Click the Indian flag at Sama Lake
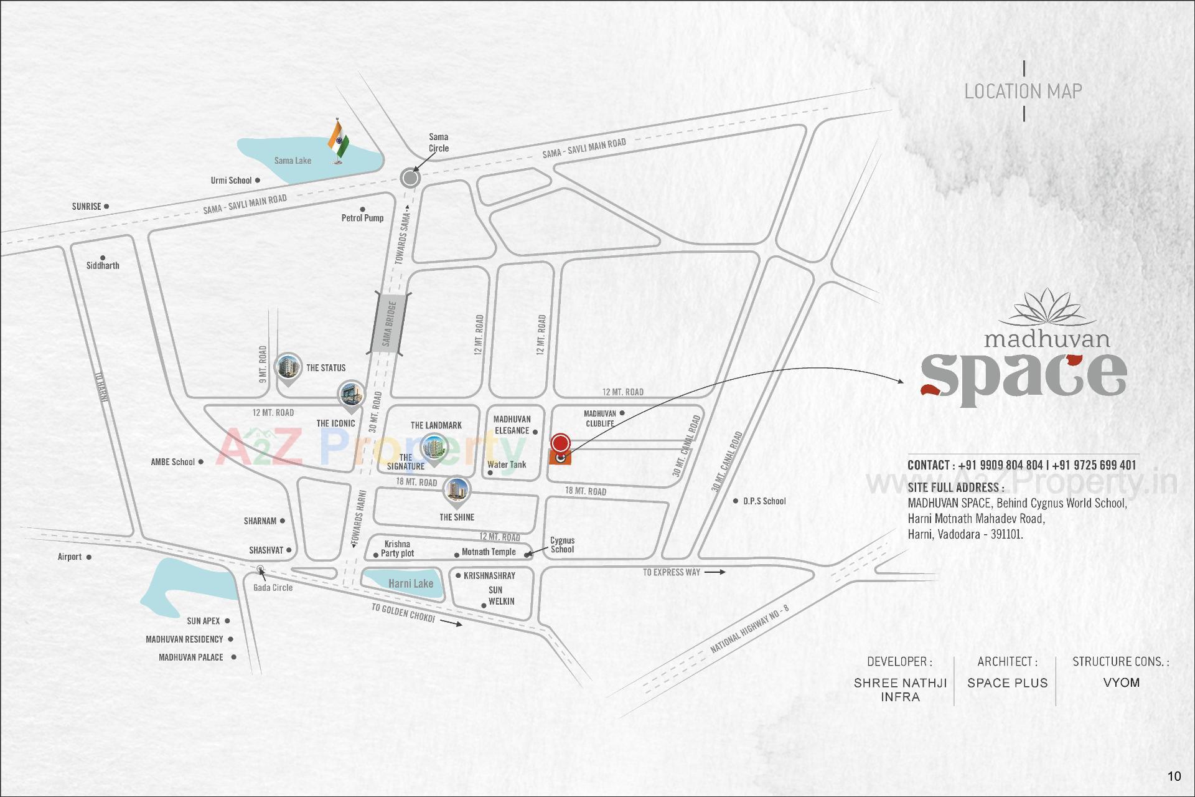coord(338,142)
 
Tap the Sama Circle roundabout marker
coord(410,179)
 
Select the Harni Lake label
coord(410,583)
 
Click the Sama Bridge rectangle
coord(390,324)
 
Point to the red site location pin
coord(561,443)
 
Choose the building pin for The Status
coord(288,367)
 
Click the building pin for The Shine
coord(456,491)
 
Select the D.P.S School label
coord(764,501)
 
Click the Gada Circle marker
coord(260,568)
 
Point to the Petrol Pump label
coord(362,218)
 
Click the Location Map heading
coord(1023,92)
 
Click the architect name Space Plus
coord(1007,682)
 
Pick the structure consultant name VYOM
coord(1121,682)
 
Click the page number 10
coord(1174,776)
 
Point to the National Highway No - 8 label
coord(749,630)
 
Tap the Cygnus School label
coord(562,545)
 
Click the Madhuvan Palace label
coord(190,657)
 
